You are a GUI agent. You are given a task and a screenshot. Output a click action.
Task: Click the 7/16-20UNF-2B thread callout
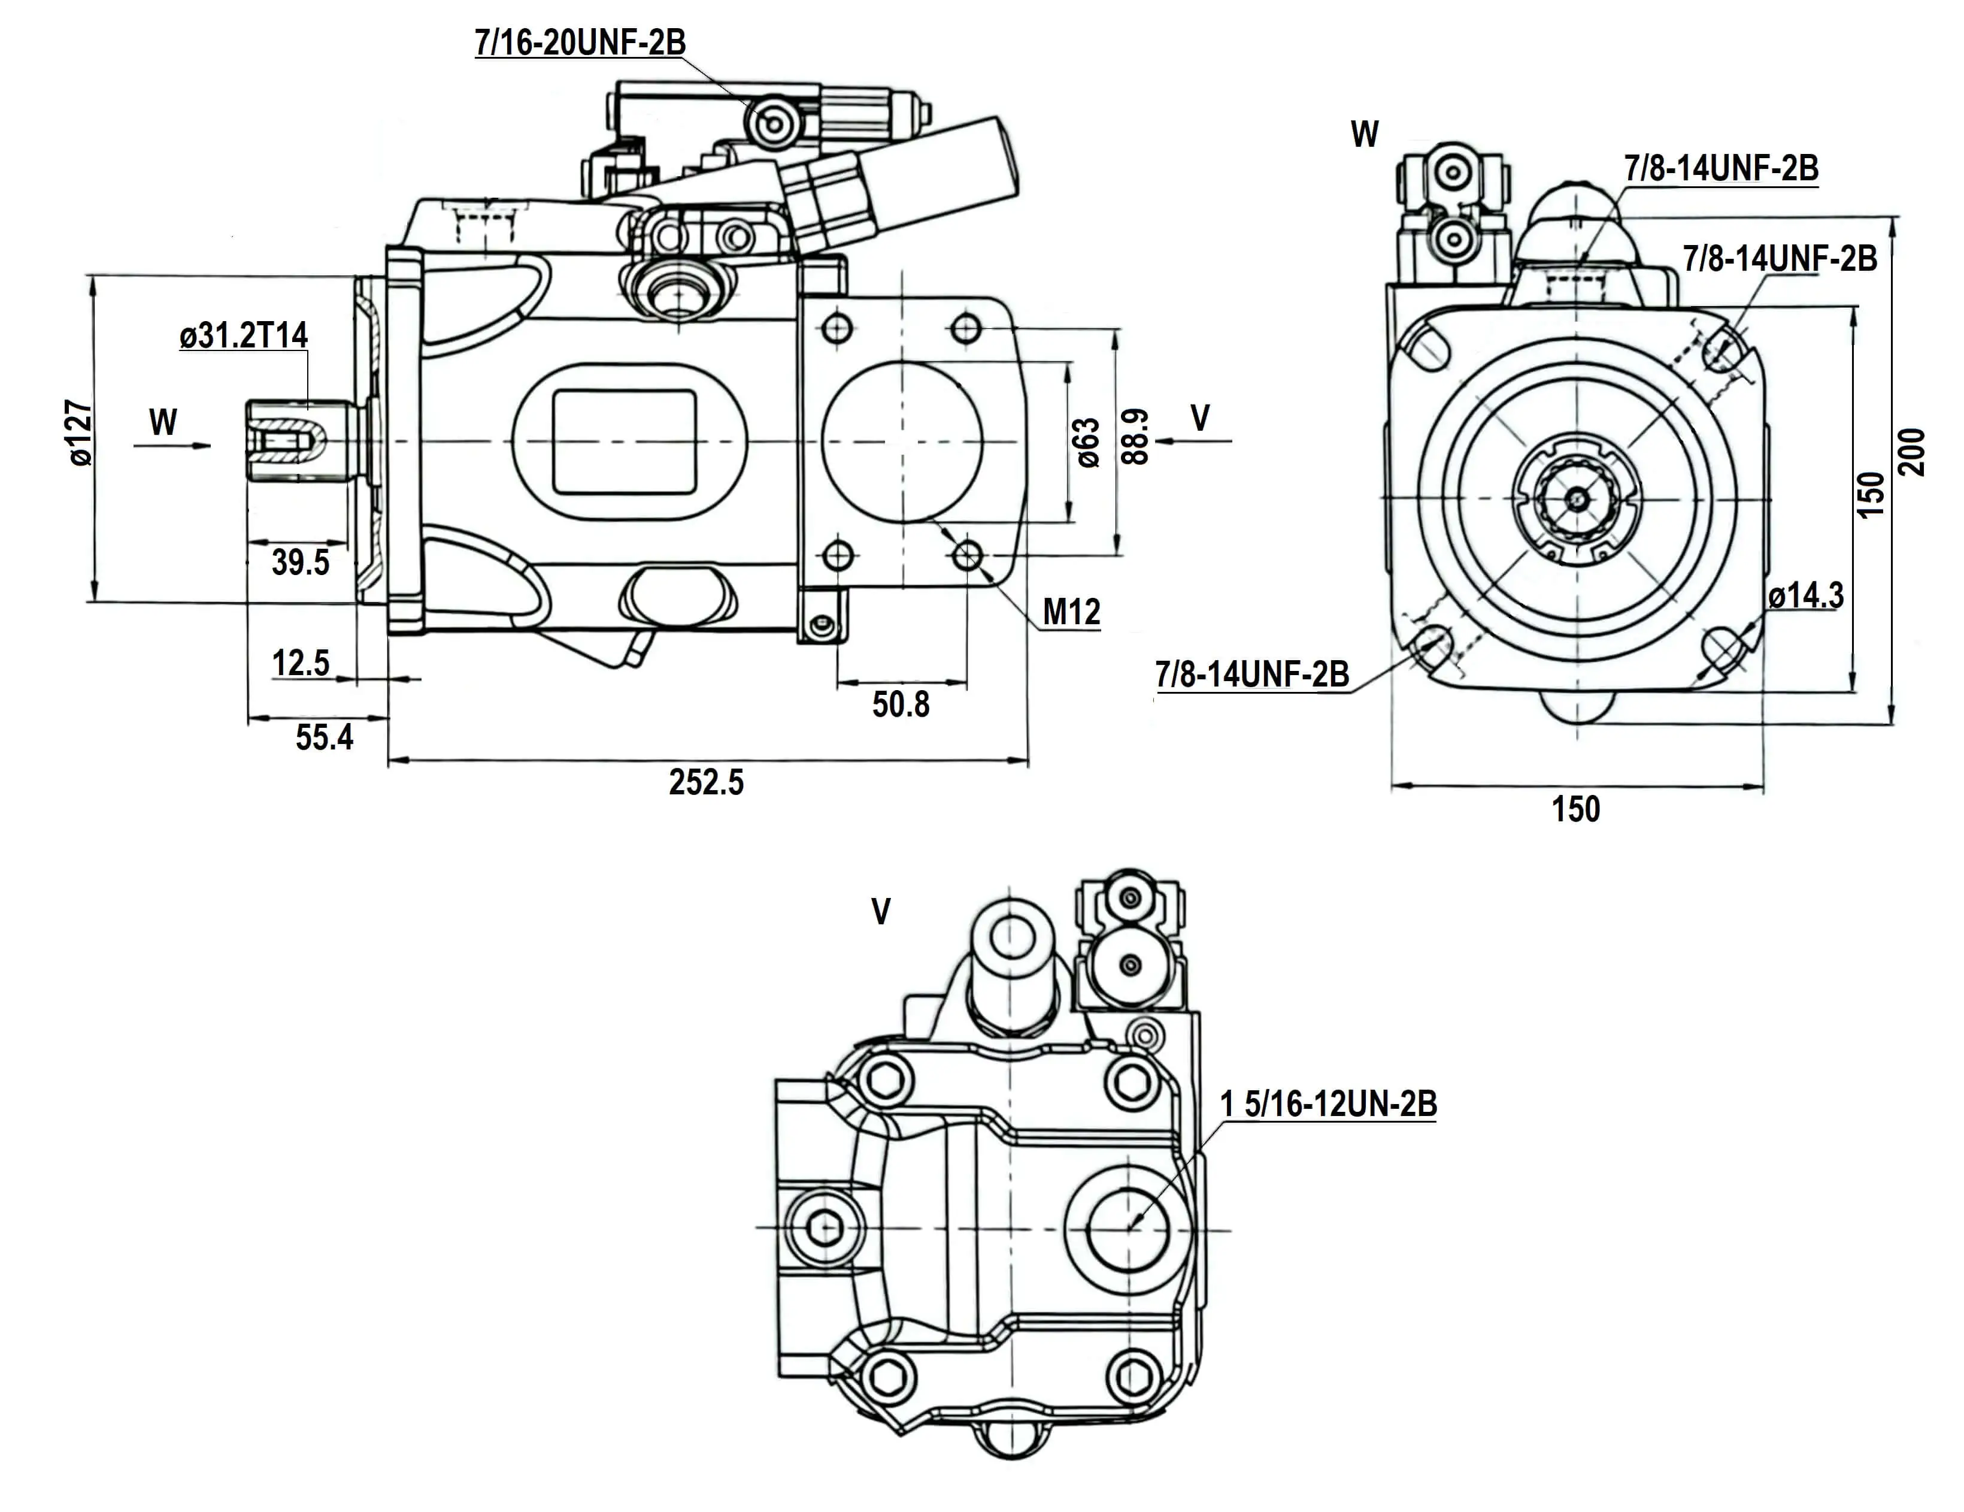coord(580,43)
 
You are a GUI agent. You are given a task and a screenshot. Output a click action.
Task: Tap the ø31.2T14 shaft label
coord(244,335)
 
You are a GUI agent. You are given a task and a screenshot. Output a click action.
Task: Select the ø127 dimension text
coord(79,434)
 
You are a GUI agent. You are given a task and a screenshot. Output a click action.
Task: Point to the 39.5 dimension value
coord(301,563)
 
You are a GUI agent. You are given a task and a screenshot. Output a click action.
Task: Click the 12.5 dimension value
coord(301,663)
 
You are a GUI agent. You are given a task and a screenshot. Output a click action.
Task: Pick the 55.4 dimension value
coord(324,737)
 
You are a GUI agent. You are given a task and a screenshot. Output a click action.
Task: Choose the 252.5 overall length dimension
coord(706,782)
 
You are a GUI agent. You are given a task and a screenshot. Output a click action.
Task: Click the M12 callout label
coord(1071,613)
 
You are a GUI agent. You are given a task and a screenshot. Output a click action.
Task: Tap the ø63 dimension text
coord(1088,443)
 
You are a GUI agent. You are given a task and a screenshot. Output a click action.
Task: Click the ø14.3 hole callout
coord(1806,595)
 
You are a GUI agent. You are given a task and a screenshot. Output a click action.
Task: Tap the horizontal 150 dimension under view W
coord(1575,809)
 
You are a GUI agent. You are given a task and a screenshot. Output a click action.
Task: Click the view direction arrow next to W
coord(172,444)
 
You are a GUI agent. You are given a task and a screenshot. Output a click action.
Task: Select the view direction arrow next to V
coord(1195,441)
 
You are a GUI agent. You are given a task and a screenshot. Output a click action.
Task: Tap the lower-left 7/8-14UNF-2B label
coord(1252,674)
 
